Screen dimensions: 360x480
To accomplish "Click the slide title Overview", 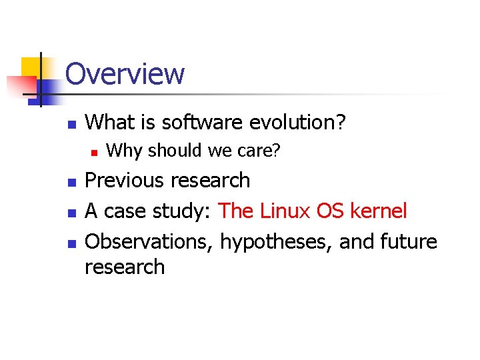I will coord(125,74).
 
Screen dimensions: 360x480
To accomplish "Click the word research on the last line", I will coord(125,267).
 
